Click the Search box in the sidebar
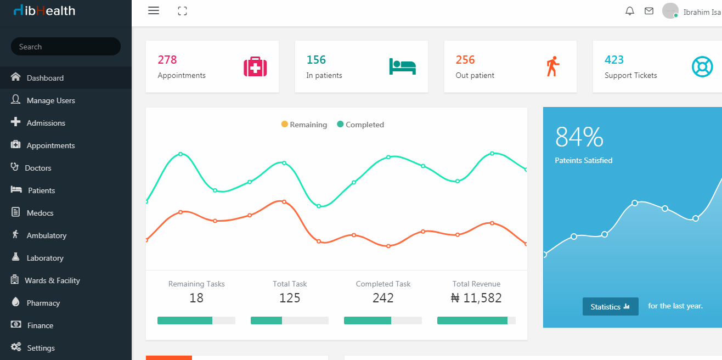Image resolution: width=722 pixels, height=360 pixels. click(x=65, y=47)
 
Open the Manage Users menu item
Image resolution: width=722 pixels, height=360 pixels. click(x=50, y=100)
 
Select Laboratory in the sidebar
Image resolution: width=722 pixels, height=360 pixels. click(x=44, y=258)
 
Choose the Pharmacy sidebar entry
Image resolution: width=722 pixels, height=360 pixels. click(x=43, y=303)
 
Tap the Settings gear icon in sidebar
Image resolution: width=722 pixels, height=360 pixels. click(x=16, y=347)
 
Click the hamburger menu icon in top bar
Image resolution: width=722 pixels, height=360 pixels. click(x=154, y=11)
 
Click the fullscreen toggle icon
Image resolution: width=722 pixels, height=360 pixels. click(x=183, y=11)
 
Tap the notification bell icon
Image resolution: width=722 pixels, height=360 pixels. click(x=630, y=11)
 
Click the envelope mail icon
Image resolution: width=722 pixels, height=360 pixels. click(x=649, y=11)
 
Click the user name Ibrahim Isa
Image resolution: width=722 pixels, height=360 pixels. click(x=702, y=12)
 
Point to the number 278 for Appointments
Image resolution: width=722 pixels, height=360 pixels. click(x=167, y=60)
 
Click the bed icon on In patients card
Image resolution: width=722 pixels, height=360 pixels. click(x=403, y=66)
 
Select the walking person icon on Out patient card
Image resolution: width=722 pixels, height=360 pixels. click(x=552, y=66)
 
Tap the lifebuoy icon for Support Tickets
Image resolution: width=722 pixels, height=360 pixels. click(x=702, y=66)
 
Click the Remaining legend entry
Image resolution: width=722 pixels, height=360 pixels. click(x=304, y=125)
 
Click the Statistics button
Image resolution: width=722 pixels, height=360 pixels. click(x=610, y=307)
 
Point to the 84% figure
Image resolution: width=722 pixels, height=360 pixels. click(x=579, y=137)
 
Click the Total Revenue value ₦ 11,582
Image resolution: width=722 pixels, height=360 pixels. click(x=476, y=298)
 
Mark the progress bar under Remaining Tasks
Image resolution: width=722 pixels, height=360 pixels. click(x=196, y=320)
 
